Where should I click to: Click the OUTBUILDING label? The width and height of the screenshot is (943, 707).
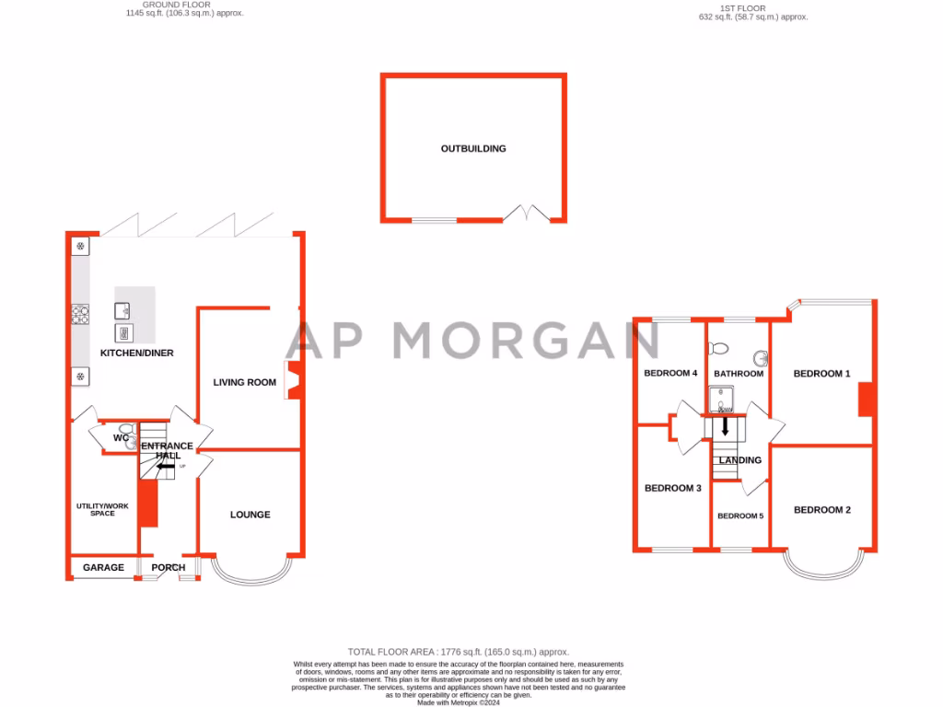tap(473, 148)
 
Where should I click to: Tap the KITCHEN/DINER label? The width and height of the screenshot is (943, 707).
tap(137, 353)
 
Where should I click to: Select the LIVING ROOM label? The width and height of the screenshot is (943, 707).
tap(245, 382)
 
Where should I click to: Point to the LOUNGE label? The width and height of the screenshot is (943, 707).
tap(250, 515)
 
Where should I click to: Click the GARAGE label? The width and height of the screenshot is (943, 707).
tap(103, 568)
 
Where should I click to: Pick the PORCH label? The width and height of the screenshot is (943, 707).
tap(169, 568)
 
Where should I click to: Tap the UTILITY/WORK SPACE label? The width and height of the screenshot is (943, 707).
tap(103, 509)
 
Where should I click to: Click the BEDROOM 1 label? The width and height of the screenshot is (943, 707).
tap(822, 374)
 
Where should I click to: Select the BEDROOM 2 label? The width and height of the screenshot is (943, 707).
tap(822, 510)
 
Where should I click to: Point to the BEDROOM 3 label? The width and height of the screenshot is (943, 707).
tap(673, 488)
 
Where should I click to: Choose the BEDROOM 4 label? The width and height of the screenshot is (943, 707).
tap(670, 374)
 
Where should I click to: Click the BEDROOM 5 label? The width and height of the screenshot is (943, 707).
tap(741, 516)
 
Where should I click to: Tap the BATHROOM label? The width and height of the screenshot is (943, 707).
tap(739, 374)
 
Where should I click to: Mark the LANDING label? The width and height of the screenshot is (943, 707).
tap(740, 460)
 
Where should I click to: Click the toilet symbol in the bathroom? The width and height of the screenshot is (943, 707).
tap(718, 349)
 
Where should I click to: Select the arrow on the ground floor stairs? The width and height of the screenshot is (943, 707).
tap(167, 467)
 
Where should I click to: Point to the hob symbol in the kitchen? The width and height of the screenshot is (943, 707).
tap(79, 315)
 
